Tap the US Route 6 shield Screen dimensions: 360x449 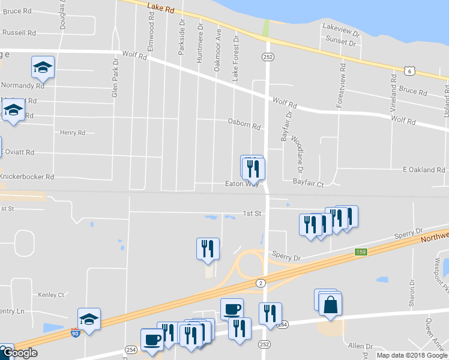(x=409, y=70)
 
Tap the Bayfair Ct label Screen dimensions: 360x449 (x=308, y=181)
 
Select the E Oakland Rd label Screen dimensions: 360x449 (x=423, y=170)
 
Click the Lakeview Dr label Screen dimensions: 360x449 (x=340, y=28)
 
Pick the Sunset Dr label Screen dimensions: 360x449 (x=341, y=41)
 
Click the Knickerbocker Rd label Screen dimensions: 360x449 (x=27, y=177)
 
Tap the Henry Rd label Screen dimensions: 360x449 (x=73, y=133)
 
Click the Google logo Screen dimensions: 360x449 (x=20, y=353)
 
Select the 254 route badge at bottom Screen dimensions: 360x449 (x=131, y=349)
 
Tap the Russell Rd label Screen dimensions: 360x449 (x=19, y=32)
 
